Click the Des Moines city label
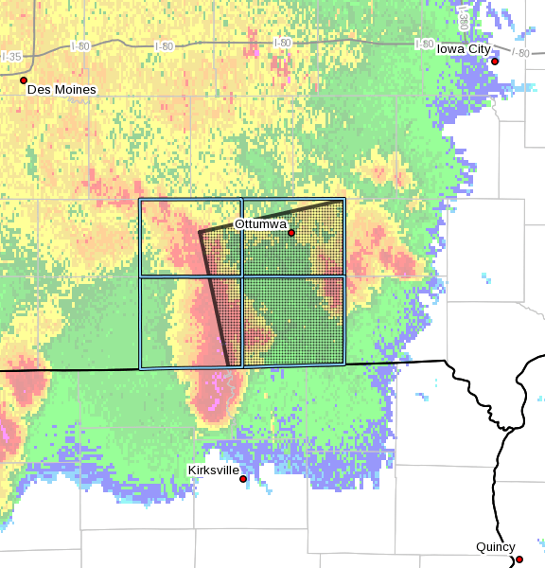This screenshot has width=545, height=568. point(62,90)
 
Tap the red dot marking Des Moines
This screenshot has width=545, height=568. point(24,80)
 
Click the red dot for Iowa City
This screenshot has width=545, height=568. point(494,62)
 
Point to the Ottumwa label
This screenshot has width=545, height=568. point(259,223)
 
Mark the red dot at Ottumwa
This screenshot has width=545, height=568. point(291,233)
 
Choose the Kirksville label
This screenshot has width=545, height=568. point(214,470)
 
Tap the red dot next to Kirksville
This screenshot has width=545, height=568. point(243,479)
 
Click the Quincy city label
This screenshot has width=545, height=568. point(496,547)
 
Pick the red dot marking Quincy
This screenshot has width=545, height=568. point(519,559)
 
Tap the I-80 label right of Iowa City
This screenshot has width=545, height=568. point(520,53)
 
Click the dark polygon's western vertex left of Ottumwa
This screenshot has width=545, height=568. point(199,232)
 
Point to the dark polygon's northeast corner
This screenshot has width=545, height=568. point(343,201)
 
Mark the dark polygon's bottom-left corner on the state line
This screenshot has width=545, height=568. point(230,366)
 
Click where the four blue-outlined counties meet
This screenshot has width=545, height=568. point(243,276)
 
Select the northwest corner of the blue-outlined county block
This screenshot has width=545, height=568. point(140,200)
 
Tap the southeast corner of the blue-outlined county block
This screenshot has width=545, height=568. point(344,365)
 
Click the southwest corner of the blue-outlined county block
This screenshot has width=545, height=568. point(141,368)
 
